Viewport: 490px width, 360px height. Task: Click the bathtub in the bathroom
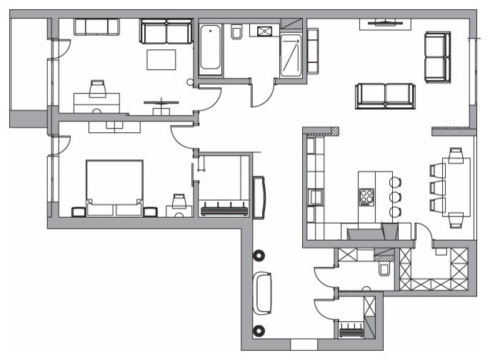coord(210,49)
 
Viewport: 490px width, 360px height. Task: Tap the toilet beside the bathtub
coord(236,33)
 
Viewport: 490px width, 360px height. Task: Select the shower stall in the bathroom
coord(291,56)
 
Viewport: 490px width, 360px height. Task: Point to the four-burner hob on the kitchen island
coord(367,196)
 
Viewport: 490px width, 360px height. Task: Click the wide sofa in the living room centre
coord(385,96)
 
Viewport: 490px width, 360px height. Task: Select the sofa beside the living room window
coord(437,56)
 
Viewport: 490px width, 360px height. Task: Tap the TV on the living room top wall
coord(384,23)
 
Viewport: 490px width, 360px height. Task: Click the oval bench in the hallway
coord(262,293)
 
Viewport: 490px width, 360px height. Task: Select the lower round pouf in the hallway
coord(259,331)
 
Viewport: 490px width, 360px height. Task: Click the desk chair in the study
coord(97,89)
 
